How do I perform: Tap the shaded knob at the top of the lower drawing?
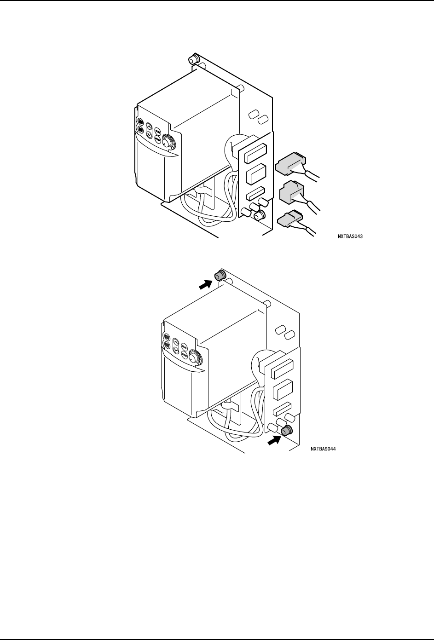click(219, 275)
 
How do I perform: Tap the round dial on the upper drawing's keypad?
click(169, 141)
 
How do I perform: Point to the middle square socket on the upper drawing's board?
click(255, 174)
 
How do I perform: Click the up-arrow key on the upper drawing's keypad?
click(150, 127)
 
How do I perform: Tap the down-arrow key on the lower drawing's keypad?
click(176, 350)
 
